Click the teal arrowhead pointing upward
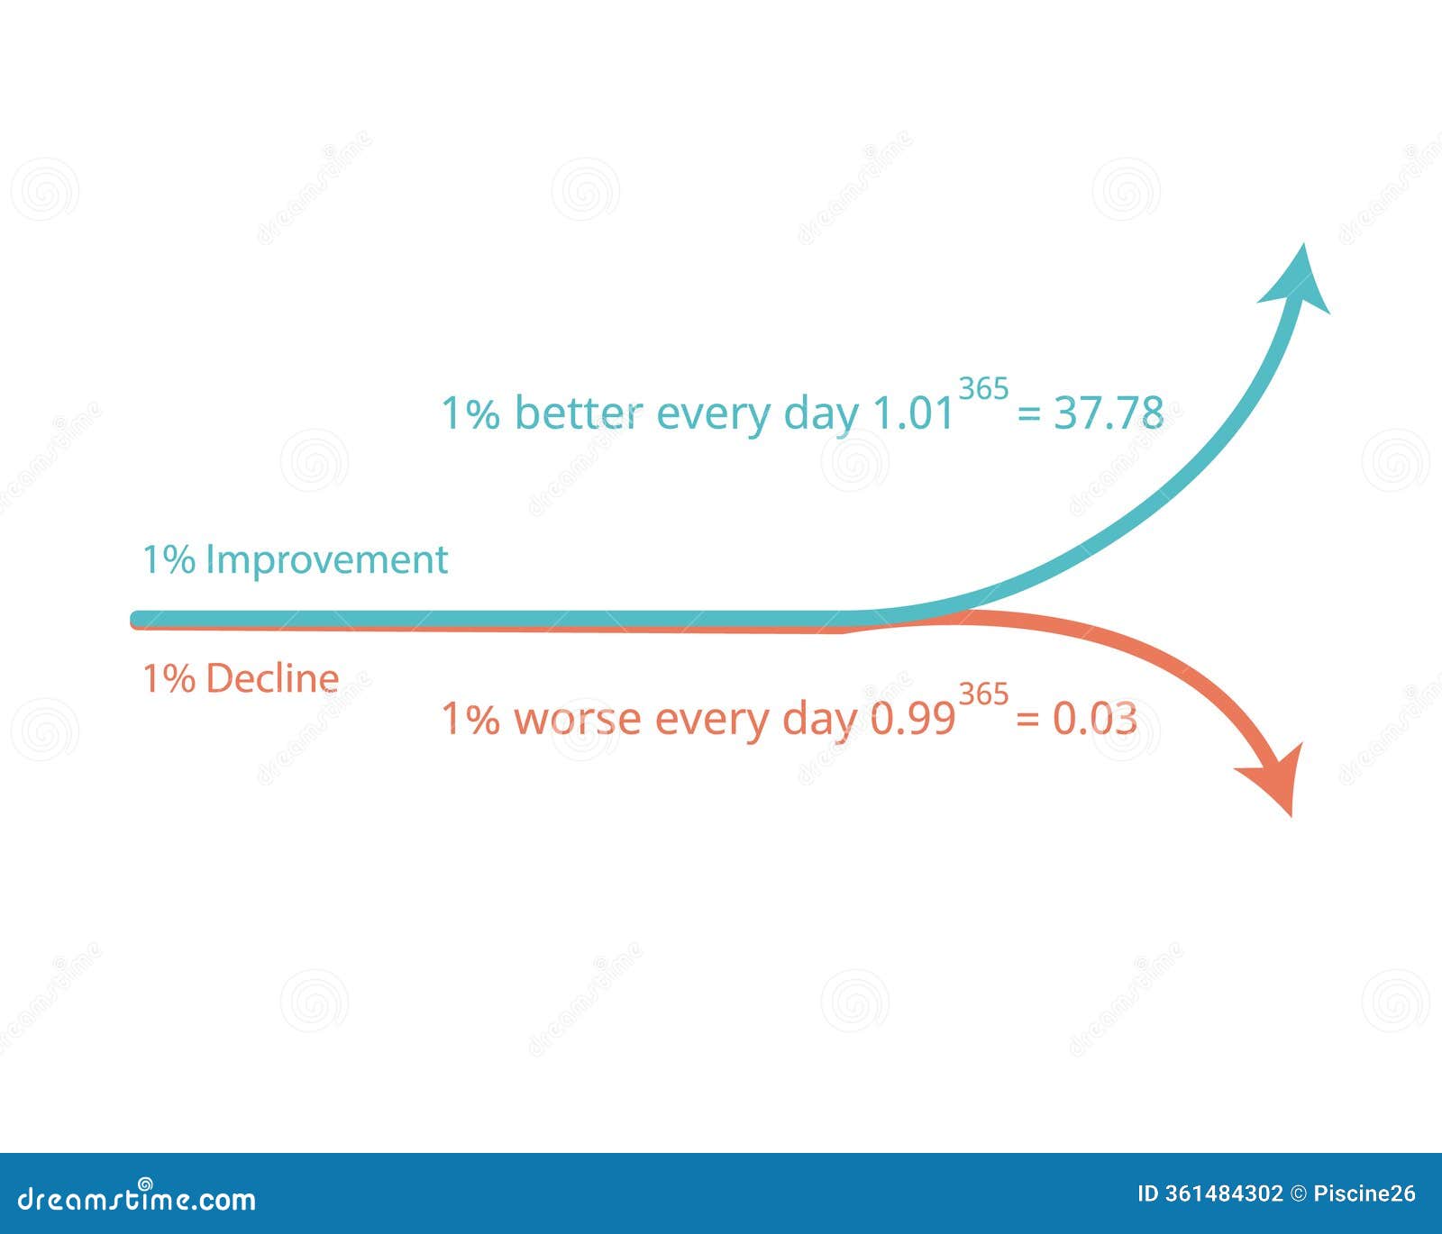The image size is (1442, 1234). point(1298,279)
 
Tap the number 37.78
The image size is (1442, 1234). point(1109,413)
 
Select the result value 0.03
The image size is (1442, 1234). point(1094,719)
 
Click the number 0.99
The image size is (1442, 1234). point(913,719)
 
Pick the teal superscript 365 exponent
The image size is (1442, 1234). point(983,389)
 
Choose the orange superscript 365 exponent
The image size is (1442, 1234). point(983,694)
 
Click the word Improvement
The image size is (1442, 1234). point(326,559)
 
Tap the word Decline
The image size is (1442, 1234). point(272,678)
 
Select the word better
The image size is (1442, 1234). point(579,413)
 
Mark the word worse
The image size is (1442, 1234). point(577,719)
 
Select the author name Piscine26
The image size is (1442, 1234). point(1364,1194)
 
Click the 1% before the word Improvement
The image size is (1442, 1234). point(169,559)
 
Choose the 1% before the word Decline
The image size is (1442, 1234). point(169,678)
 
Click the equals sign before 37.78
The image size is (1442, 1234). point(1028,414)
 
